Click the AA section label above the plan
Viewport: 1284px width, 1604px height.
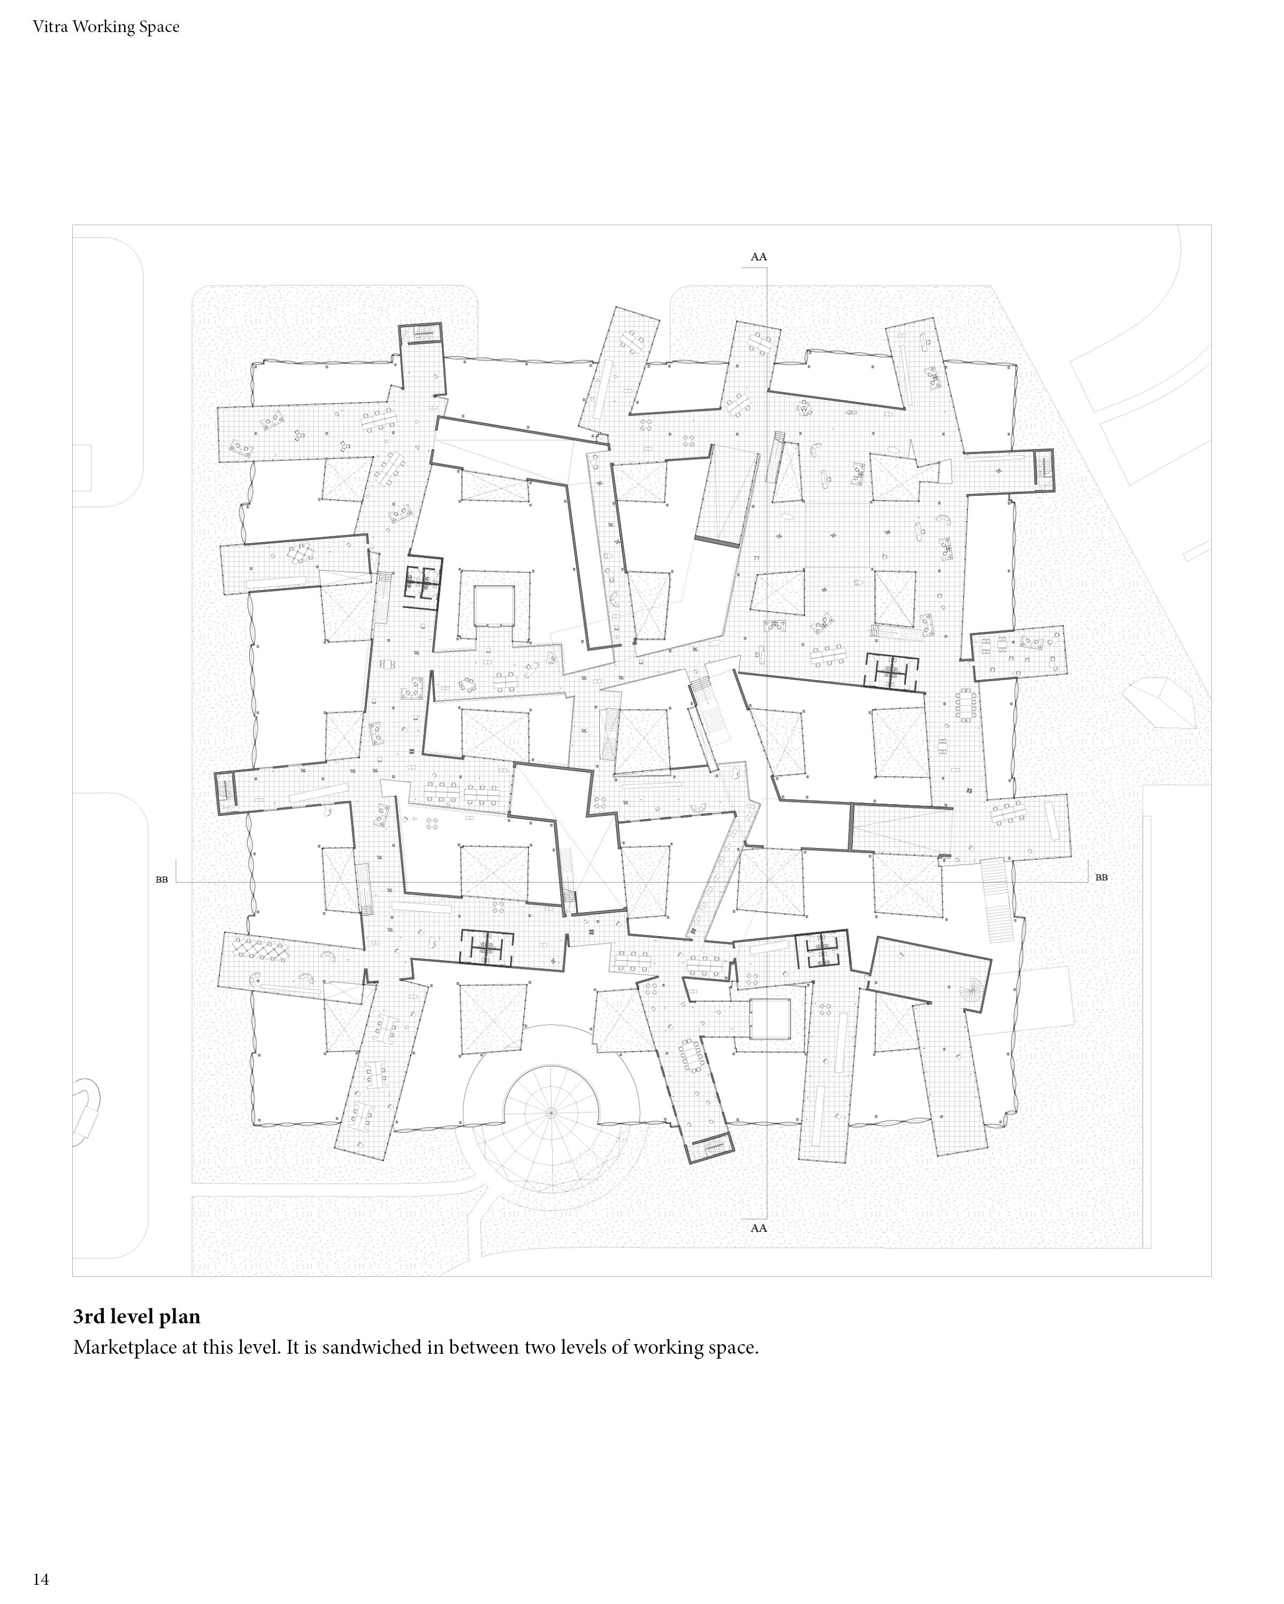point(758,257)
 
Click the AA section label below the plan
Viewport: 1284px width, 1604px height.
point(758,1228)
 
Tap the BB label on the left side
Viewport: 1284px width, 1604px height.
point(162,880)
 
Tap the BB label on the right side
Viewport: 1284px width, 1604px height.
point(1101,877)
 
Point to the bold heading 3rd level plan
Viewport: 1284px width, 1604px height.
point(136,1316)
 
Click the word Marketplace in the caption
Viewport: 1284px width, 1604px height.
point(124,1347)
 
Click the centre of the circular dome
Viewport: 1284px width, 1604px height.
point(551,1112)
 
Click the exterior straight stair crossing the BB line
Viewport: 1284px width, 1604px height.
point(997,900)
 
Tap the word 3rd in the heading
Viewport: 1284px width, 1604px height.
point(89,1316)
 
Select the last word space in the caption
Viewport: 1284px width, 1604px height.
point(734,1347)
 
